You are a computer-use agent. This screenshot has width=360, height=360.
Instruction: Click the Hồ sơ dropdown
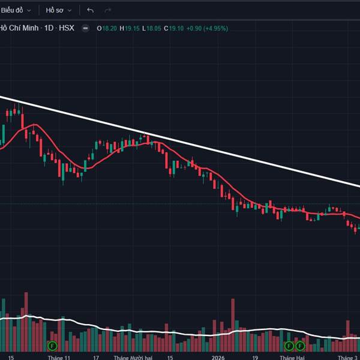coord(59,10)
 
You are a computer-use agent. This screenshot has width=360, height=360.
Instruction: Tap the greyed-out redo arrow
coord(108,10)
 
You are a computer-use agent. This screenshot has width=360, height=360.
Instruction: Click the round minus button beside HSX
coord(86,28)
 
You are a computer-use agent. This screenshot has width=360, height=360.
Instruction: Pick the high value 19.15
coord(131,28)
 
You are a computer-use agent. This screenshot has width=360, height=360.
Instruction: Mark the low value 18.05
coord(153,28)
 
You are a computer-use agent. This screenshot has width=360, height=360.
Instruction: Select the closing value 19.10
coord(175,28)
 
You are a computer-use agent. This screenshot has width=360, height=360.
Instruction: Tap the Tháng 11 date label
coord(59,356)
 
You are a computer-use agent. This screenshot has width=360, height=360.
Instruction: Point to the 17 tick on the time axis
coord(96,356)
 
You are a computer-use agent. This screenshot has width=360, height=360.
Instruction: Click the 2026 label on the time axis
coord(218,356)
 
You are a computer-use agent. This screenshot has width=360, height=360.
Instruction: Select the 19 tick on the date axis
coord(254,356)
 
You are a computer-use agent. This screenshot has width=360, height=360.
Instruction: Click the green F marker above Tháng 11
coord(52,346)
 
